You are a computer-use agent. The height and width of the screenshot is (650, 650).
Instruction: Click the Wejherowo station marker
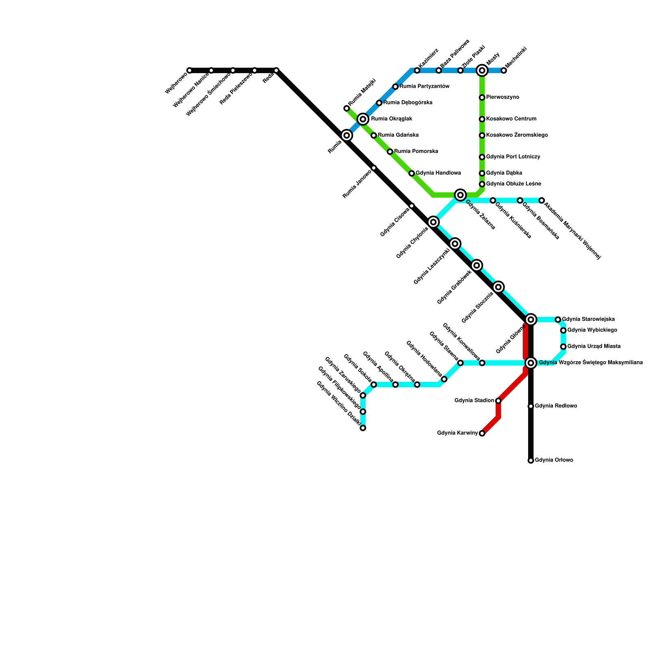[x=189, y=71]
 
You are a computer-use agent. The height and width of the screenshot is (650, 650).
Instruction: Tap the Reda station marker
[x=276, y=71]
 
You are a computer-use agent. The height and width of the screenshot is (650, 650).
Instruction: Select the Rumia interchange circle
[x=347, y=135]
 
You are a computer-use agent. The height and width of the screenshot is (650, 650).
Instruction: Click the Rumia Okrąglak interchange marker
[x=363, y=119]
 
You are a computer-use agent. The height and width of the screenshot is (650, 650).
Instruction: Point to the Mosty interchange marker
[x=482, y=71]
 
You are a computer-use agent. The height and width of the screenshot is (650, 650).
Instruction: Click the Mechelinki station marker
[x=504, y=71]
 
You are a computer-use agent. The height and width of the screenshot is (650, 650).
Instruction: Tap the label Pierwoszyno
[x=503, y=97]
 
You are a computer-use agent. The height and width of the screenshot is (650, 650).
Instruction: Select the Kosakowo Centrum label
[x=511, y=119]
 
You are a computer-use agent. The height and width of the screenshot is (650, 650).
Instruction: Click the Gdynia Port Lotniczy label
[x=513, y=157]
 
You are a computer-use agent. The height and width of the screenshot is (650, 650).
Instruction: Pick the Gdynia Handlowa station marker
[x=412, y=173]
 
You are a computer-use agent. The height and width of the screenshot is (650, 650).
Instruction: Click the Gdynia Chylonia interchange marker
[x=433, y=222]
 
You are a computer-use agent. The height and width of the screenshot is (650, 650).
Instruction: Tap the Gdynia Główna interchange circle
[x=531, y=320]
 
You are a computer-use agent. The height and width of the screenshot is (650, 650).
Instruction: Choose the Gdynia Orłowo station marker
[x=531, y=460]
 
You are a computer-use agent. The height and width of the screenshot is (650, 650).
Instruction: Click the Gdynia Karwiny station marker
[x=482, y=433]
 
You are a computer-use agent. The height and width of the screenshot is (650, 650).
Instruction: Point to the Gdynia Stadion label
[x=474, y=401]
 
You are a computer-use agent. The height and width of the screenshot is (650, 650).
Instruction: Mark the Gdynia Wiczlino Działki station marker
[x=363, y=428]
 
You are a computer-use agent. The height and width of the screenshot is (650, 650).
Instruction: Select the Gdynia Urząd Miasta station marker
[x=563, y=347]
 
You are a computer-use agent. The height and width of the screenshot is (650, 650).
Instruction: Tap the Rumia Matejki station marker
[x=347, y=108]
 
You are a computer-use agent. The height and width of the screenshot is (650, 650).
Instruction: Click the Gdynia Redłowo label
[x=555, y=406]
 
